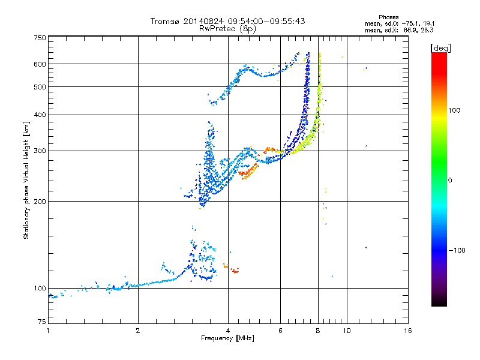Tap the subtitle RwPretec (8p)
[x=227, y=29]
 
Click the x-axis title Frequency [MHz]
[x=227, y=338]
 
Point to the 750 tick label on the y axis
[x=40, y=38]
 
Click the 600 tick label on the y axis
[x=40, y=64]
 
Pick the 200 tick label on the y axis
[x=40, y=202]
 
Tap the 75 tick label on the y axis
[x=42, y=322]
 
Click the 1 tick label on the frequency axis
[x=48, y=331]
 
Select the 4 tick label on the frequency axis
[x=228, y=331]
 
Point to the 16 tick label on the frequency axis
[x=408, y=331]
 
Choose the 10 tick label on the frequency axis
[x=347, y=331]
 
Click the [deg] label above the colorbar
[x=440, y=49]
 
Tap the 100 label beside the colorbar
[x=454, y=110]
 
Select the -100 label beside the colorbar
[x=457, y=250]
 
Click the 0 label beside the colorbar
[x=450, y=181]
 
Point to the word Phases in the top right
[x=388, y=17]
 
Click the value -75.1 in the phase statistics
[x=410, y=23]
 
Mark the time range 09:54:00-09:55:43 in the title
[x=266, y=21]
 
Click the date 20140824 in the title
[x=203, y=21]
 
